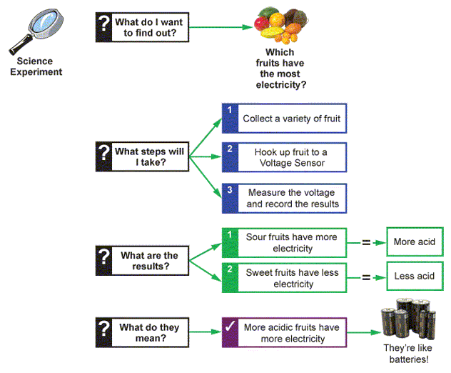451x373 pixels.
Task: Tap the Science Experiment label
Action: click(36, 66)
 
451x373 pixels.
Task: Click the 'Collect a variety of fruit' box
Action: click(284, 119)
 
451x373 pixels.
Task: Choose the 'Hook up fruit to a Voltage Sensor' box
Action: click(284, 157)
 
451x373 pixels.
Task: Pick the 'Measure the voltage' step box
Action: click(284, 198)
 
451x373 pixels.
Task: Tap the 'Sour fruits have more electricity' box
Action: click(284, 242)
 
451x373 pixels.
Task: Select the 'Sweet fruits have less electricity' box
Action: click(284, 278)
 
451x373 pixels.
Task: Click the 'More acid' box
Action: click(414, 242)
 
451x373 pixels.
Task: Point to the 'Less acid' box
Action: click(414, 276)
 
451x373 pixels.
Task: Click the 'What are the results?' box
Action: click(141, 261)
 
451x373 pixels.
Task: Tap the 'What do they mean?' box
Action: click(141, 333)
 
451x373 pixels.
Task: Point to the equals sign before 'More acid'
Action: click(366, 242)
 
